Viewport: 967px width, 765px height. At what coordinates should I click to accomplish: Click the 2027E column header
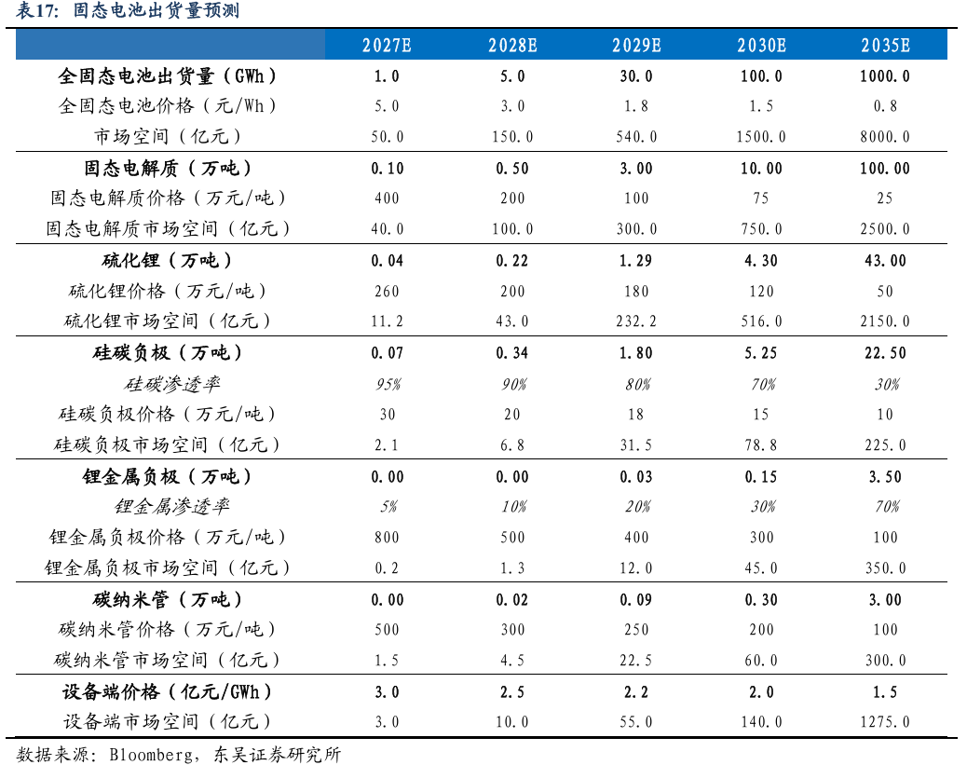click(x=387, y=45)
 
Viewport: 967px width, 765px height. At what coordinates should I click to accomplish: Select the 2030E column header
click(x=762, y=45)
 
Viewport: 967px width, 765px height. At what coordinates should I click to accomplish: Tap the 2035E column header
click(x=886, y=45)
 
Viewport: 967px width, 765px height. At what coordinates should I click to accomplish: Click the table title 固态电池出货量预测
click(x=156, y=10)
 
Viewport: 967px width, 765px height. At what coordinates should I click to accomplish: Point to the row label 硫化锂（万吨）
click(x=167, y=260)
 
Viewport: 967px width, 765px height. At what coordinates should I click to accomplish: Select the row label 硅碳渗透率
click(x=172, y=384)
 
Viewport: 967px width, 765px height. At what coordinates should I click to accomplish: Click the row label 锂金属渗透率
click(x=172, y=507)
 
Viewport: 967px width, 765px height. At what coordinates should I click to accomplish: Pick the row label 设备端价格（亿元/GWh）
click(x=167, y=691)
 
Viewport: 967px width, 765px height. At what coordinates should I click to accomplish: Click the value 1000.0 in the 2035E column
click(x=885, y=75)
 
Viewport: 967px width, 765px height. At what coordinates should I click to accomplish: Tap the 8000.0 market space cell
click(x=885, y=136)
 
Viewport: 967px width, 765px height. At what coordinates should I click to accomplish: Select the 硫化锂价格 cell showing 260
click(x=387, y=291)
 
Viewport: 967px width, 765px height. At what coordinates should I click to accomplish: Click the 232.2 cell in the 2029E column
click(x=636, y=321)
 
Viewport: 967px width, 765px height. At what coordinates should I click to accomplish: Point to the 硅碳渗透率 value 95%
click(x=388, y=384)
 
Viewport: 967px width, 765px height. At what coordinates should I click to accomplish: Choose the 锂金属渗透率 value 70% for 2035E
click(x=887, y=507)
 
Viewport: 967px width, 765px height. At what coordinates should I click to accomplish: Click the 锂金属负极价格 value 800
click(x=387, y=537)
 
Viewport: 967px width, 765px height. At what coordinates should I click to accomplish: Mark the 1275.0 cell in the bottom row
click(x=885, y=721)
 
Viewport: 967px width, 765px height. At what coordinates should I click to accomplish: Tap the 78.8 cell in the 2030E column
click(x=761, y=444)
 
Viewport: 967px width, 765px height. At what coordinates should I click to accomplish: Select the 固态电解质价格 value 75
click(x=761, y=198)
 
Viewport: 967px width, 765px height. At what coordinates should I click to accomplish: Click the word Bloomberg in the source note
click(x=151, y=755)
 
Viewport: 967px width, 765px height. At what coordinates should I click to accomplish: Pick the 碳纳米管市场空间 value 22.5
click(x=636, y=660)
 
